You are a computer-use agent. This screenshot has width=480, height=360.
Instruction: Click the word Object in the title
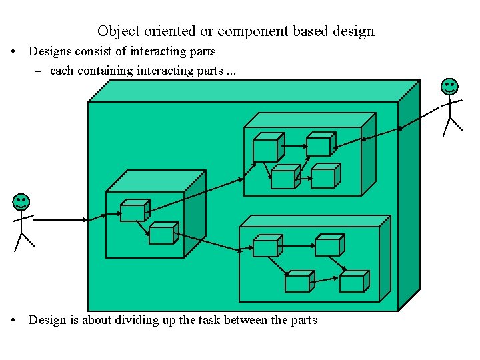click(117, 31)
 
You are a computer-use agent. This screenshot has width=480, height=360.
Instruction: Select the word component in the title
click(251, 31)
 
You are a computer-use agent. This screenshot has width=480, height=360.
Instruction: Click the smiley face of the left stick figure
click(21, 203)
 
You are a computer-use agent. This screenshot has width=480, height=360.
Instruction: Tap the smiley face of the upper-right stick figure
click(450, 86)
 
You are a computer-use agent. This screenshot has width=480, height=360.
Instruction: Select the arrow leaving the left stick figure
click(60, 219)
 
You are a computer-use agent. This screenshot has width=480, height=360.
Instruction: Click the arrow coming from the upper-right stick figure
click(420, 118)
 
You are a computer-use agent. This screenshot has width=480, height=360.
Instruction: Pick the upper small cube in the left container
click(134, 211)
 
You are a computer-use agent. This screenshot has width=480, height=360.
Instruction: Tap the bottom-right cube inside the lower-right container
click(353, 281)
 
